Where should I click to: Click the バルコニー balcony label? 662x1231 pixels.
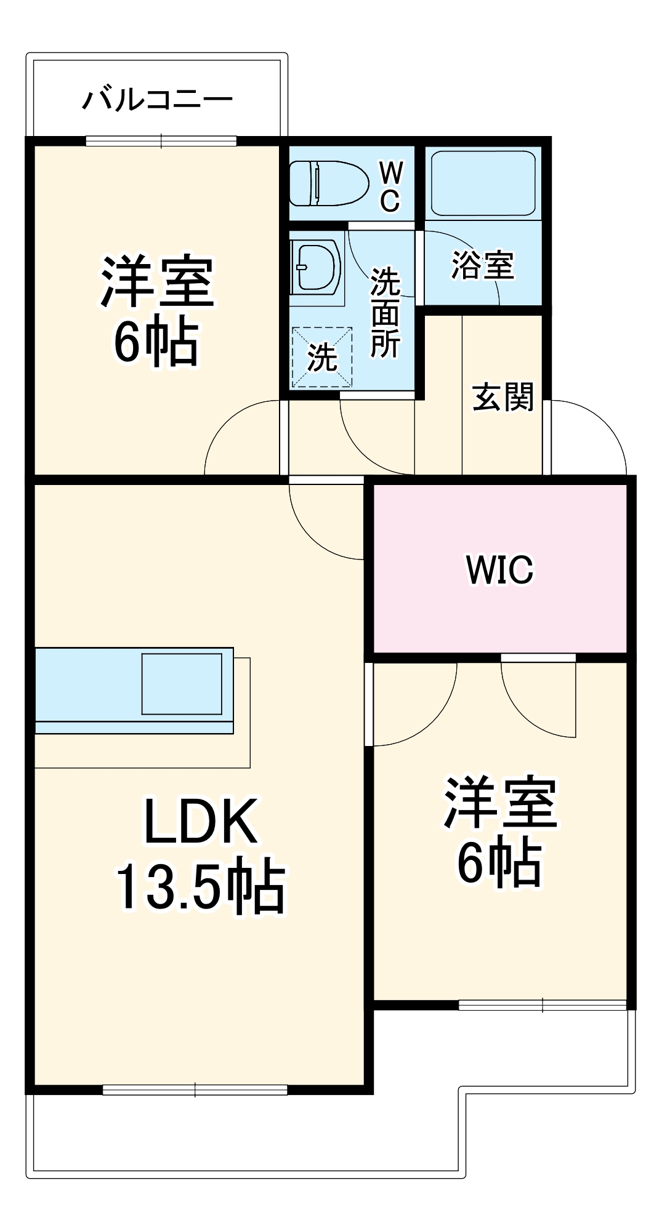158,99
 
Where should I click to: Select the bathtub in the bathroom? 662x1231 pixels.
483,183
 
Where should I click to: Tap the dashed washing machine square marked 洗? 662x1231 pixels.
322,358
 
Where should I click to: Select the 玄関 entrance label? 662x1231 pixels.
502,397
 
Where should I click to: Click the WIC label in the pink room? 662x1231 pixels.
499,569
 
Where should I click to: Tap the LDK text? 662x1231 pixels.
201,821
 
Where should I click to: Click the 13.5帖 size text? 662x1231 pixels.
201,886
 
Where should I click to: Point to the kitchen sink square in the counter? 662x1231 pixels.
182,683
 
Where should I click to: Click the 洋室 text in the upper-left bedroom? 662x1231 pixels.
158,282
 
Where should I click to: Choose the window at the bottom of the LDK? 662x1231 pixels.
195,1090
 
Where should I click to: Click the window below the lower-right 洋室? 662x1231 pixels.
542,1005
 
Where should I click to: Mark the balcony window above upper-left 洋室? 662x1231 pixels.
161,141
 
